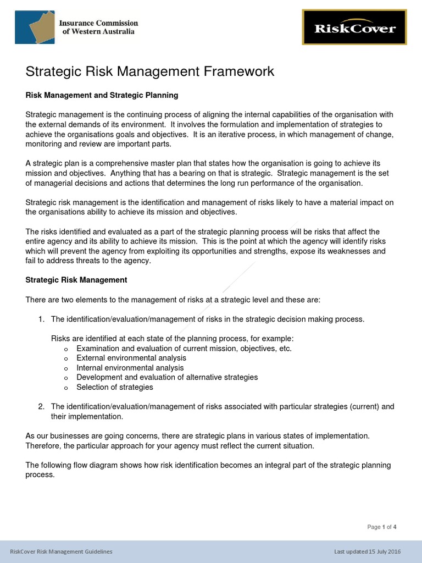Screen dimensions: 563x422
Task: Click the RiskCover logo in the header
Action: click(354, 27)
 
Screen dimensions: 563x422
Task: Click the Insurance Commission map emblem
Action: click(34, 27)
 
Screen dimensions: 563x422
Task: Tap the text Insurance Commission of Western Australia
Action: click(98, 27)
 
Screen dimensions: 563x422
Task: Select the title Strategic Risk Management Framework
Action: click(150, 71)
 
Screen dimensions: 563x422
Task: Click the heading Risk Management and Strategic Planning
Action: click(102, 95)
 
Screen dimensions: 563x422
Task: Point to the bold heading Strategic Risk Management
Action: click(76, 280)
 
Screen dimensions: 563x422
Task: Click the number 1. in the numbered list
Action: click(41, 319)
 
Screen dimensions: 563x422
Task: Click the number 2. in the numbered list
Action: click(41, 406)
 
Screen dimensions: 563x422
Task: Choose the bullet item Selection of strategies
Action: click(115, 387)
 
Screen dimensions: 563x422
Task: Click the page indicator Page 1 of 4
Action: click(382, 527)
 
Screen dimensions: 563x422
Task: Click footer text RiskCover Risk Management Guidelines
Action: click(62, 551)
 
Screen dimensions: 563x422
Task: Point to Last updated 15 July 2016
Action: click(368, 551)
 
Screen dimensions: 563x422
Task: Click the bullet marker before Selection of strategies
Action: click(66, 388)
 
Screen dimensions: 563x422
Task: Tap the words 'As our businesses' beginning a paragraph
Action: click(55, 435)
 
